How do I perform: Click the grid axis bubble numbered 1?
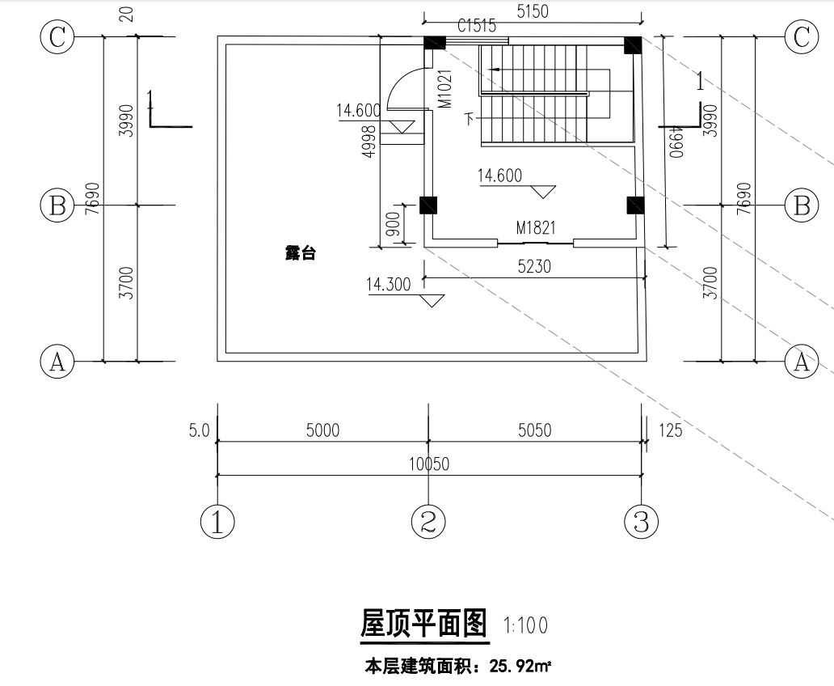tap(217, 522)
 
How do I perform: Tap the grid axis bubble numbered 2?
tap(428, 522)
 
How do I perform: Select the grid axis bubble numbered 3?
tap(642, 522)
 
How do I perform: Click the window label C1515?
tap(477, 26)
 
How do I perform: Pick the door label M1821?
tap(536, 229)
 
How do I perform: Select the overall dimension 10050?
tap(429, 464)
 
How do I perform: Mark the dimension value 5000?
tap(322, 430)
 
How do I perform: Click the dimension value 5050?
tap(534, 430)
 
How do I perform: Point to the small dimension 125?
tap(671, 430)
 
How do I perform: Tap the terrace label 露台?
tap(300, 253)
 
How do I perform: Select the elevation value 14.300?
tap(389, 285)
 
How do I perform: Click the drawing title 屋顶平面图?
tap(423, 625)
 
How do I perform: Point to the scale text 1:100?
tap(525, 625)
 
